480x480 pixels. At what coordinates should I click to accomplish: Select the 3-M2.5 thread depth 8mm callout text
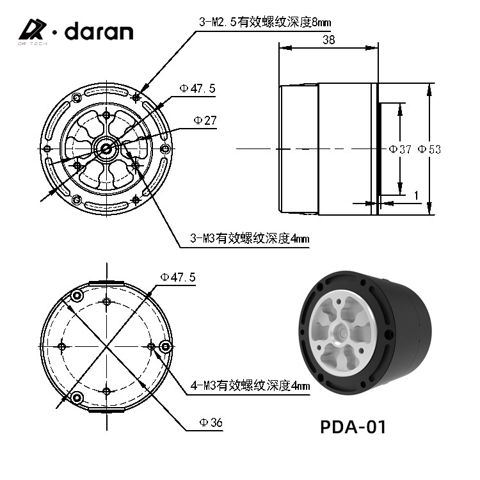pyautogui.click(x=264, y=23)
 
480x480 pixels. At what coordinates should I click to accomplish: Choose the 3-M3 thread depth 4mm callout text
pyautogui.click(x=250, y=239)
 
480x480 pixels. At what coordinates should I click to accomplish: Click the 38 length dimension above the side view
pyautogui.click(x=328, y=39)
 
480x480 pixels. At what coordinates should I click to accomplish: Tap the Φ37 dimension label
pyautogui.click(x=400, y=149)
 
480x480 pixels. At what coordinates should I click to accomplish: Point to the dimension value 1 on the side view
pyautogui.click(x=415, y=195)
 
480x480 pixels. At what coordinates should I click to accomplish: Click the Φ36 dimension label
pyautogui.click(x=211, y=422)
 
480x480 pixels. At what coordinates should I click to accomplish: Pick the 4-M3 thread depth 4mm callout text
pyautogui.click(x=250, y=386)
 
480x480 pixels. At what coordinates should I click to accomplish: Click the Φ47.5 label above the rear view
pyautogui.click(x=178, y=277)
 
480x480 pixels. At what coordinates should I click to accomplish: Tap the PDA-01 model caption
pyautogui.click(x=353, y=426)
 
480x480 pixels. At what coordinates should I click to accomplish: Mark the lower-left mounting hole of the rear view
pyautogui.click(x=77, y=398)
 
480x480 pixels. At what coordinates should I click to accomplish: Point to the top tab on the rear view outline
pyautogui.click(x=106, y=282)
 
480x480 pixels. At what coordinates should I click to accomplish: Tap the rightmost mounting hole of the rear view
pyautogui.click(x=166, y=346)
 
